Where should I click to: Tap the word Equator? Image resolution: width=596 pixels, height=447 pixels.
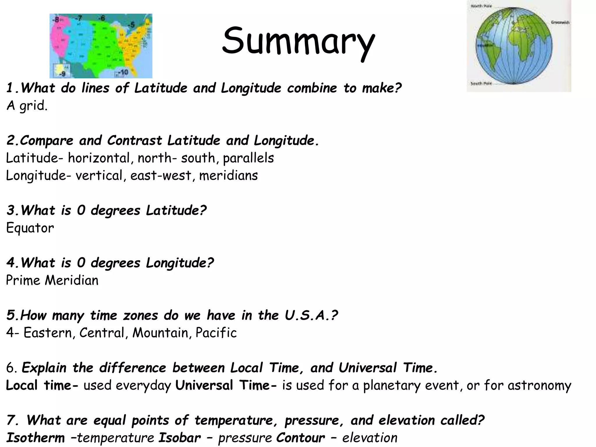[x=30, y=228]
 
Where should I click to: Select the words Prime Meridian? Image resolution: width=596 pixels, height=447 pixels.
[x=52, y=280]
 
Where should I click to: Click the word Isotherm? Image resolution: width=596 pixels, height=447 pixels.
[x=36, y=438]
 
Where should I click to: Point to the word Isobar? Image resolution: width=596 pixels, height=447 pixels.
[x=180, y=438]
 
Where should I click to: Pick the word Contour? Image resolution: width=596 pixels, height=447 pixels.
[x=300, y=438]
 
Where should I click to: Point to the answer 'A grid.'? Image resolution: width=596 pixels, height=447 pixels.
[x=27, y=106]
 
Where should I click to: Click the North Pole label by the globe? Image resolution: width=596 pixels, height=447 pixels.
[x=481, y=6]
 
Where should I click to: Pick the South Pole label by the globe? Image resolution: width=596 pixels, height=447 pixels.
[x=481, y=84]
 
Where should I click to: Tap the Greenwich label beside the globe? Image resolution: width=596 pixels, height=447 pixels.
[x=560, y=22]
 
